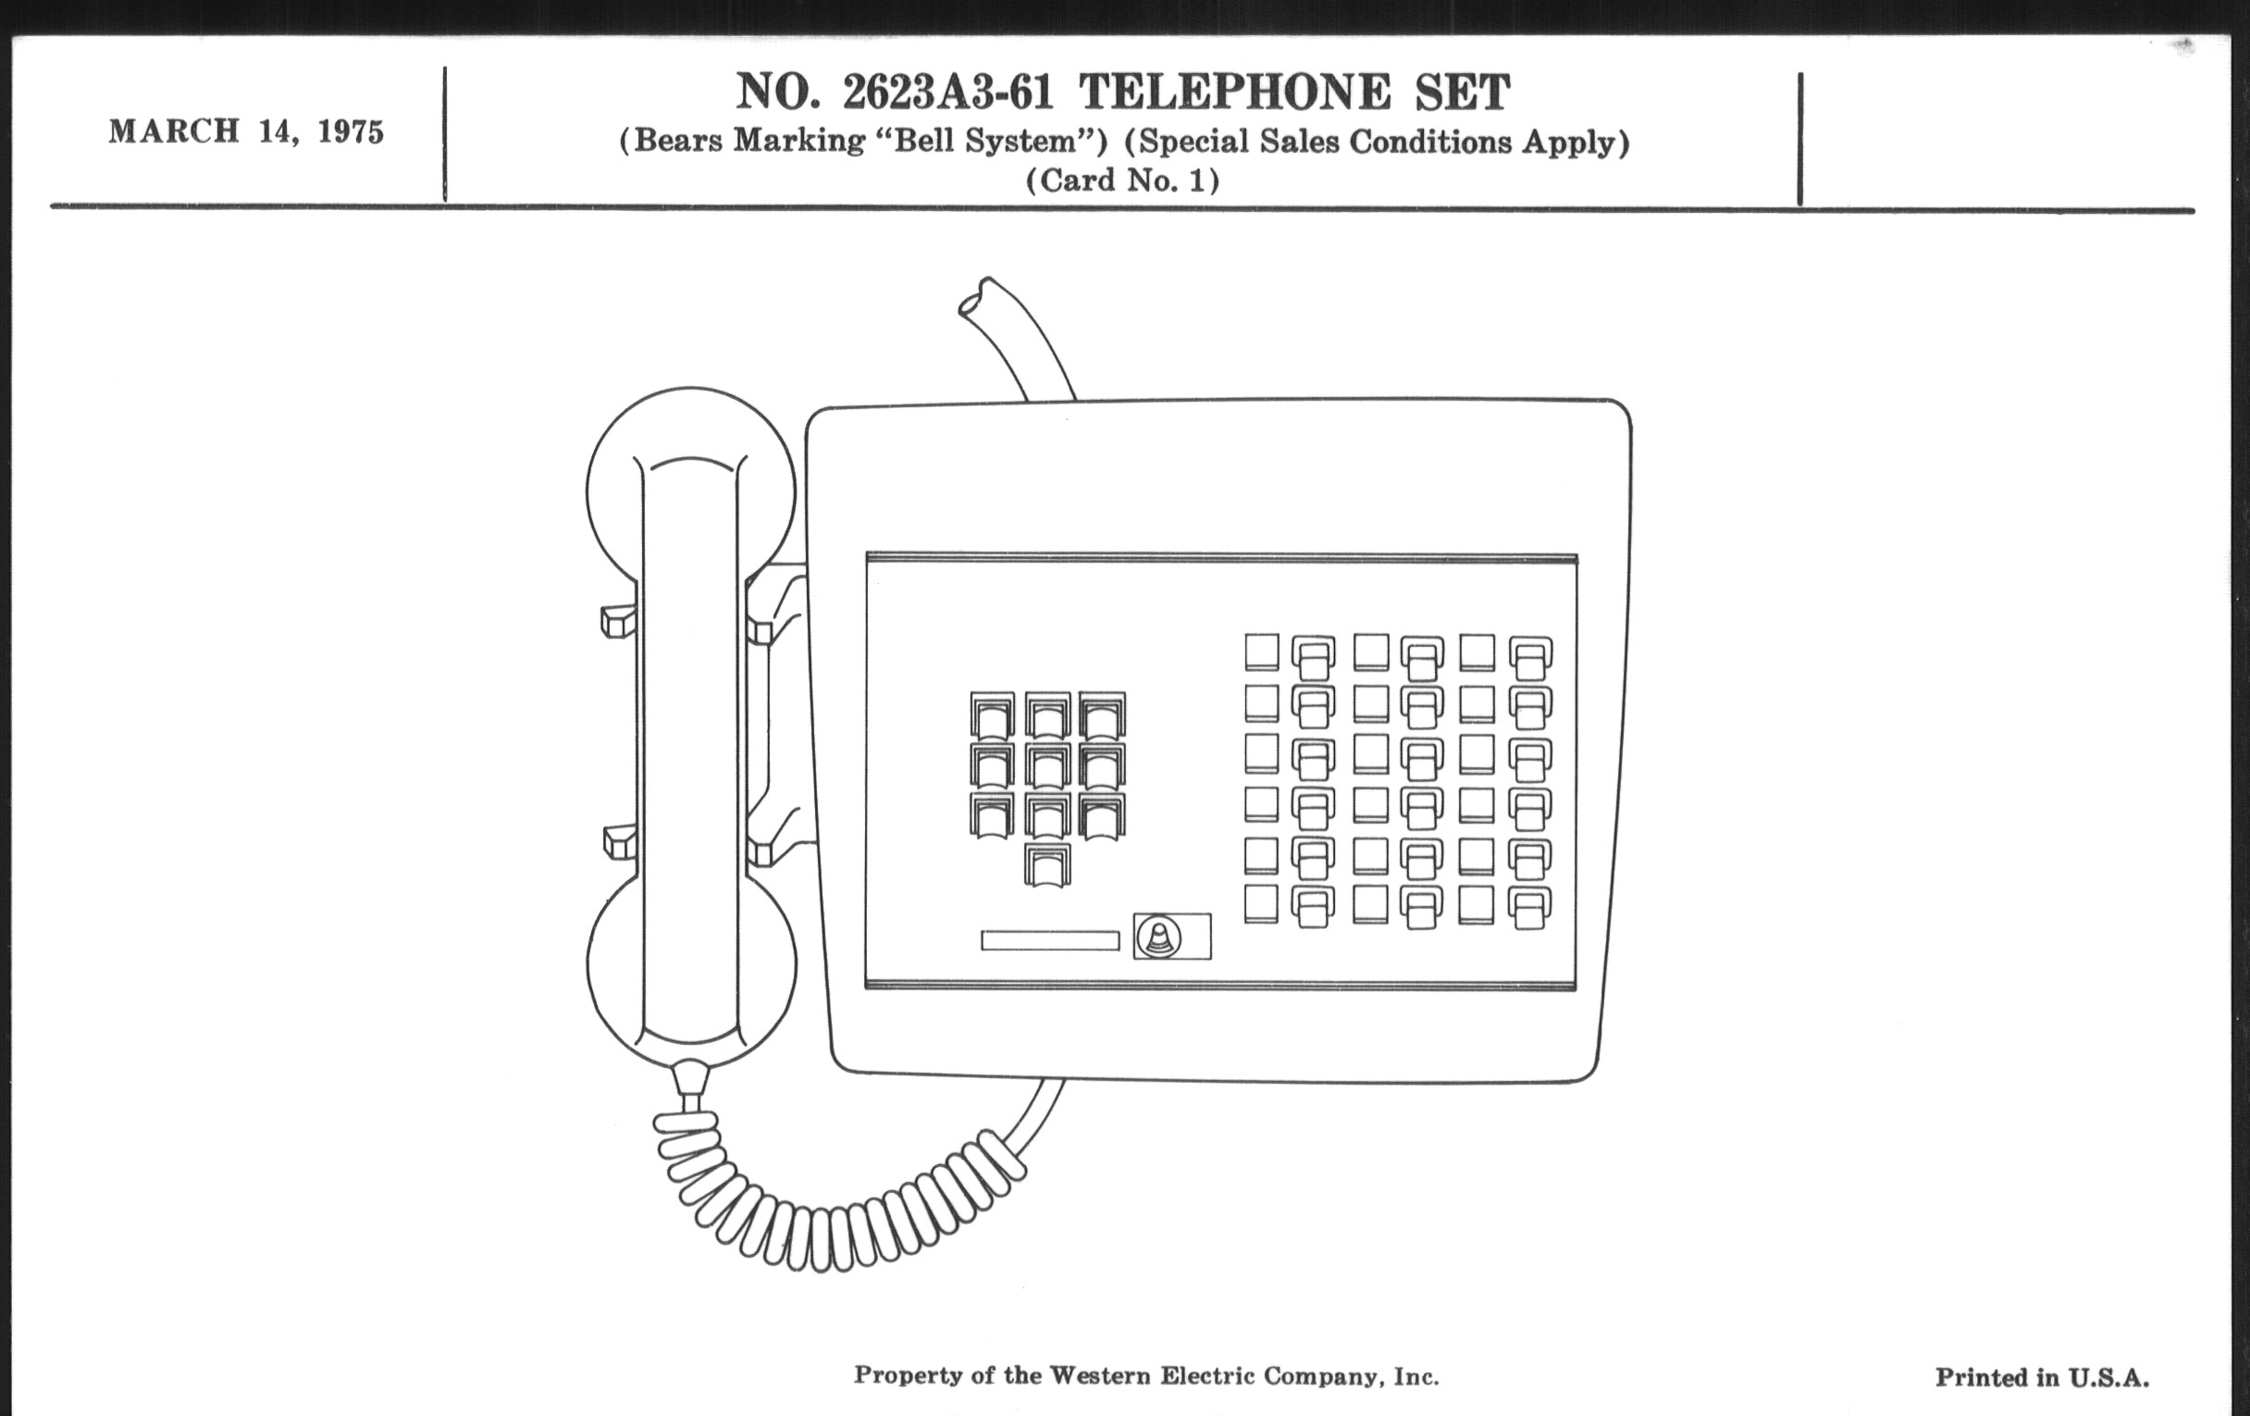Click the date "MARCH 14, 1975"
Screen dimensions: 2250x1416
tap(246, 130)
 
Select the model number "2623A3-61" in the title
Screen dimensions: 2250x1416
tap(948, 92)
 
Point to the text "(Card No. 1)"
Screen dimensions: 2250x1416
tap(1123, 180)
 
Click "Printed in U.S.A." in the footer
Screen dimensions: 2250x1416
tap(2042, 1377)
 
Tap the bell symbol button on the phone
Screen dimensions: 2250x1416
tap(1158, 936)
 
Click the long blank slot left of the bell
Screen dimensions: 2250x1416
tap(1050, 940)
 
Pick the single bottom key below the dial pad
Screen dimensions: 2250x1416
tap(1047, 864)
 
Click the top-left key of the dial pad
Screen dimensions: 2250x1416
tap(993, 715)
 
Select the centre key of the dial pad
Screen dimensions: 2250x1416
tap(1047, 764)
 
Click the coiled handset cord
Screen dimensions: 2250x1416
tap(822, 1206)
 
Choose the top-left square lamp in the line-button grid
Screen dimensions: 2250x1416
tap(1261, 652)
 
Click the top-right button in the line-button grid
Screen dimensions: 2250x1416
tap(1530, 658)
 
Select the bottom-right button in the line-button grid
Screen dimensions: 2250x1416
tap(1530, 908)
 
